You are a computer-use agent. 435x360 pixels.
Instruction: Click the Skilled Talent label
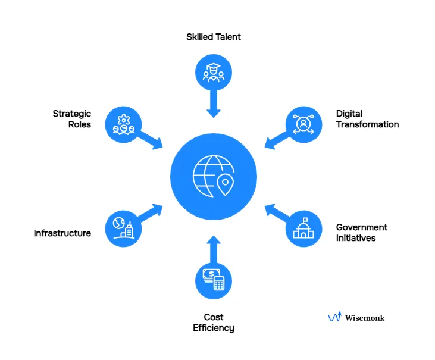coord(214,37)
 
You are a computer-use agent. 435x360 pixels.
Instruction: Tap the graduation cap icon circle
coord(214,73)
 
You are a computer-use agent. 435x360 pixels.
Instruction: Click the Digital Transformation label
coord(367,119)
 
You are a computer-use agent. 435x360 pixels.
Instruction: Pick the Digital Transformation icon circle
coord(303,124)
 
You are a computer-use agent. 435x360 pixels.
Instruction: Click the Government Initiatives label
coord(361,233)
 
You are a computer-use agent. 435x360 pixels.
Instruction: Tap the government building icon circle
coord(303,229)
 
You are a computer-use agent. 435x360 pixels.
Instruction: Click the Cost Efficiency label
coord(214,323)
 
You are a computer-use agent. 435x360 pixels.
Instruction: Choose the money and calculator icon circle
coord(214,280)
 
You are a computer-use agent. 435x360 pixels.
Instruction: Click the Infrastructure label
coord(62,233)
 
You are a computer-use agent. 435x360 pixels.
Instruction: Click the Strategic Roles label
coord(71,119)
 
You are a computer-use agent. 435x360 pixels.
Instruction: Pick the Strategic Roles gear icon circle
coord(123,124)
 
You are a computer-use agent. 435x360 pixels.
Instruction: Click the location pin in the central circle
coord(225,185)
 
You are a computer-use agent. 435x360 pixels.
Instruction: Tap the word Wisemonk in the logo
coord(365,318)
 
